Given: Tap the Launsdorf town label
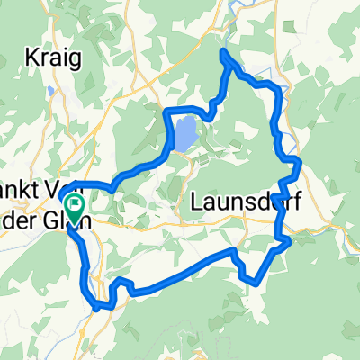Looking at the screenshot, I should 240,204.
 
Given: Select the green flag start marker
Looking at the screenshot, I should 73,208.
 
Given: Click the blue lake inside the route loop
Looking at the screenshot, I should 184,134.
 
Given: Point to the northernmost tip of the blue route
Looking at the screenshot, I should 223,53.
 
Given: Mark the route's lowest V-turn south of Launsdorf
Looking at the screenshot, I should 258,281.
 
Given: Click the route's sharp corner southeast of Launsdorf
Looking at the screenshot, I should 288,241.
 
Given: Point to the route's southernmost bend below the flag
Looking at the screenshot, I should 96,307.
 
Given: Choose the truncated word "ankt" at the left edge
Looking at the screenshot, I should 18,199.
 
